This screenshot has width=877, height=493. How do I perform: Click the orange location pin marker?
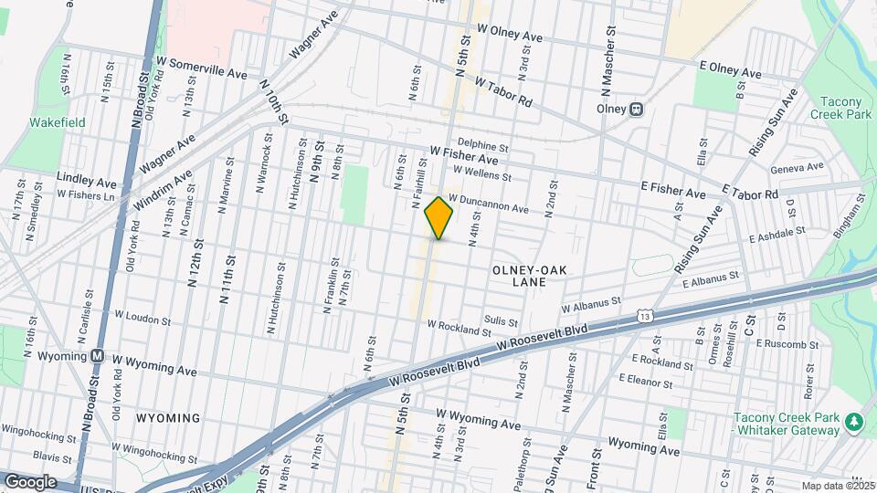(439, 218)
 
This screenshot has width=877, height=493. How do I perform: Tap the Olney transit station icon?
(637, 109)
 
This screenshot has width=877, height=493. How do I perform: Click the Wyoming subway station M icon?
(96, 355)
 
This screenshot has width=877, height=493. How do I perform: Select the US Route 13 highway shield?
(646, 315)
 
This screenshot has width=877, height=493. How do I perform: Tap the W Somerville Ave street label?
(201, 67)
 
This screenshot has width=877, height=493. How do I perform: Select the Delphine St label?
(482, 145)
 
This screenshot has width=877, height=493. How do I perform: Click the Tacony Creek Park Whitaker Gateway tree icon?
(854, 422)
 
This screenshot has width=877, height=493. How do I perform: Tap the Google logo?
(29, 481)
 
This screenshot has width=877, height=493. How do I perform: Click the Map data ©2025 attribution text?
(839, 486)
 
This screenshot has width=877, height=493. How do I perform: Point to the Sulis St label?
(502, 321)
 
